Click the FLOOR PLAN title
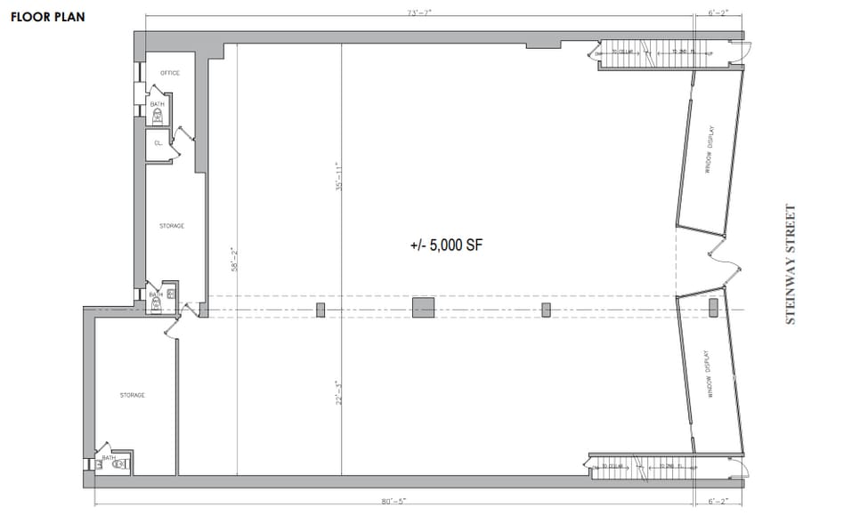pos(48,16)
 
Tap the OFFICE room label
pos(170,73)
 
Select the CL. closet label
pos(158,142)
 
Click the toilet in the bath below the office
pos(158,115)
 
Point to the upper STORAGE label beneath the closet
pos(172,226)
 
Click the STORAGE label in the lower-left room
pos(133,395)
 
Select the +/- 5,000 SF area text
pos(445,245)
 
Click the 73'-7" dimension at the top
pos(418,12)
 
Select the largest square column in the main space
pos(424,309)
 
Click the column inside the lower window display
pos(712,308)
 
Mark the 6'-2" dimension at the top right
pos(718,12)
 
